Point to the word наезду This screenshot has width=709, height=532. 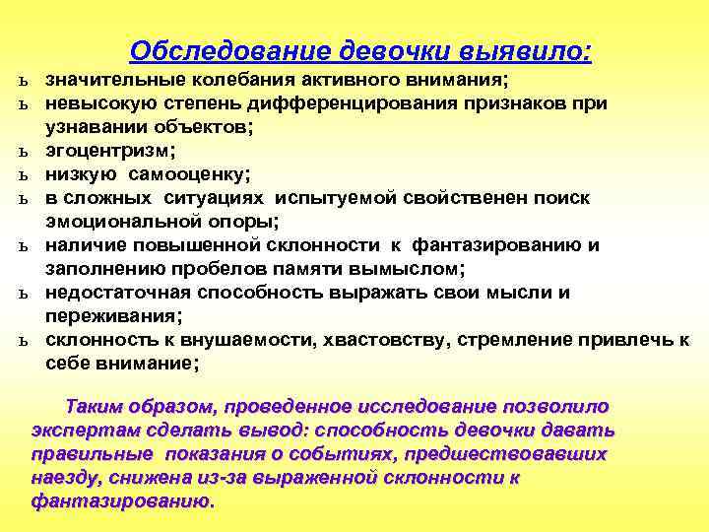click(x=63, y=478)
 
